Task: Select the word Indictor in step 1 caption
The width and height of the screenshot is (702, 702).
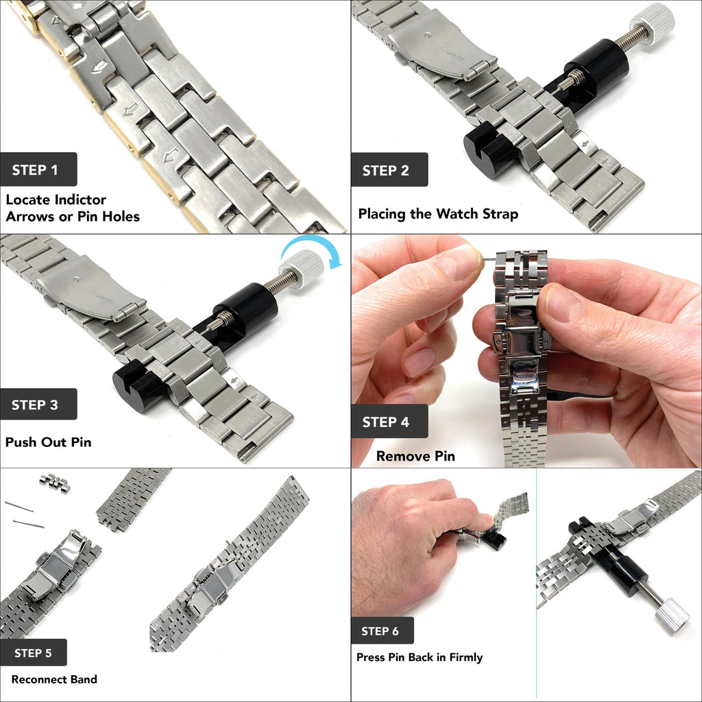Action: (81, 199)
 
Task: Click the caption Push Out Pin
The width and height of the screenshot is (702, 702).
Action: (48, 442)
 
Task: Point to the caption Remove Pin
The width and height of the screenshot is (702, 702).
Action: (415, 456)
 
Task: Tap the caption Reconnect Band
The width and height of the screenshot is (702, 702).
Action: (54, 679)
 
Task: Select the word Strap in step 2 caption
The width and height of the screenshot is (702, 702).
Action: (498, 214)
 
